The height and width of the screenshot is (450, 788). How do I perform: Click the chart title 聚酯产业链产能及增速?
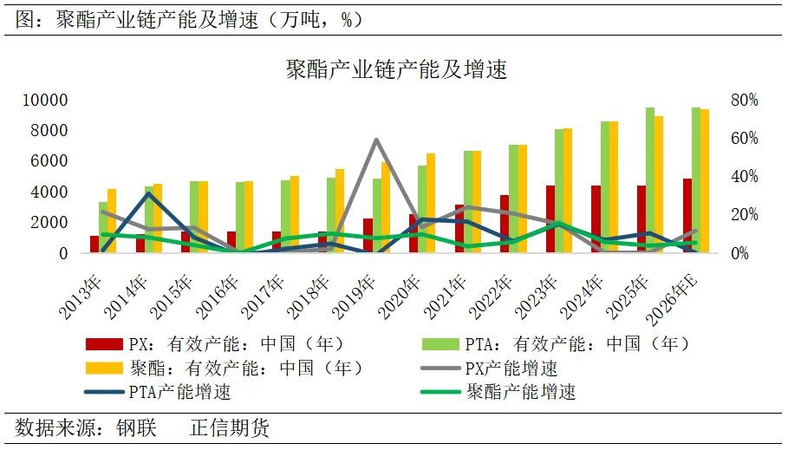[396, 69]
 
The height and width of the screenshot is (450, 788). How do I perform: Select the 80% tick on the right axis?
[743, 101]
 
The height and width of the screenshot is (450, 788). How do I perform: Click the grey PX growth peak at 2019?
[376, 140]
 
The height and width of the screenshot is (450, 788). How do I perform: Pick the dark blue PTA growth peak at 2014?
[149, 193]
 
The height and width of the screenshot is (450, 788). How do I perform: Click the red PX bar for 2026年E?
[687, 215]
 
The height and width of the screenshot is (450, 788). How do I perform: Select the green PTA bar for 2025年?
[649, 179]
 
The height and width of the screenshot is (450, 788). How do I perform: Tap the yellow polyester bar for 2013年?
[112, 220]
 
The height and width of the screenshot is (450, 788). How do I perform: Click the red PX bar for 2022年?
[505, 224]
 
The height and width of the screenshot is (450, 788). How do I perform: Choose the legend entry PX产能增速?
[511, 368]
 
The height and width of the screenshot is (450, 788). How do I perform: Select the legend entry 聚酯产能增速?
[520, 392]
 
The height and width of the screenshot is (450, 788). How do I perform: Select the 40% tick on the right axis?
[743, 177]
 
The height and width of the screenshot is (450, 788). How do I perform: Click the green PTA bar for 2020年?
[422, 209]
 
